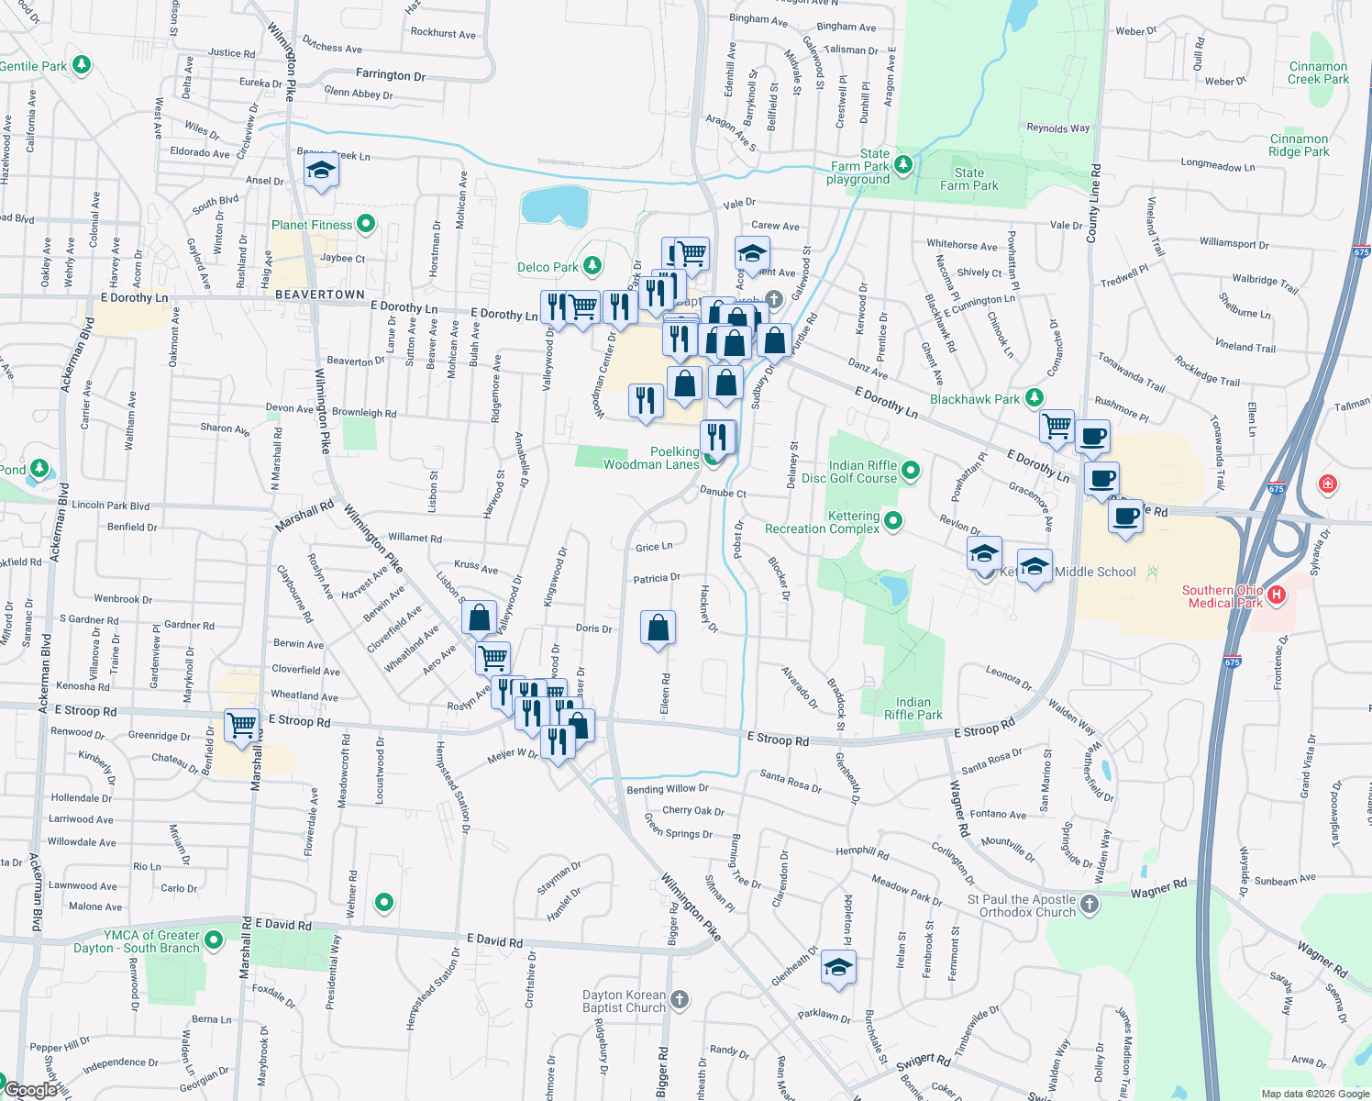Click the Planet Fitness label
(x=312, y=225)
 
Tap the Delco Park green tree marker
(x=592, y=266)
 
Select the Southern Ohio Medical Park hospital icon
(x=1276, y=595)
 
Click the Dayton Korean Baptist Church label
(x=624, y=1001)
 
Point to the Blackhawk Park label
(x=974, y=399)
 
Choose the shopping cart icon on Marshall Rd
(x=242, y=725)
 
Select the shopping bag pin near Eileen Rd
(x=658, y=628)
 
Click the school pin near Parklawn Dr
(x=838, y=968)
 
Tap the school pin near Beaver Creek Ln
(x=321, y=171)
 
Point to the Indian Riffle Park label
(x=913, y=708)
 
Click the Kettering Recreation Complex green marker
(x=892, y=521)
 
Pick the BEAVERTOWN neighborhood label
(x=320, y=295)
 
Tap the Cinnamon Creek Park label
(x=1318, y=72)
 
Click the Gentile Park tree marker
(x=82, y=65)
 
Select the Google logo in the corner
(x=30, y=1089)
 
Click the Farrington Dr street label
(x=391, y=74)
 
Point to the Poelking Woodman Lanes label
(x=651, y=458)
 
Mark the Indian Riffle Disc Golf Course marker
(x=911, y=471)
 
